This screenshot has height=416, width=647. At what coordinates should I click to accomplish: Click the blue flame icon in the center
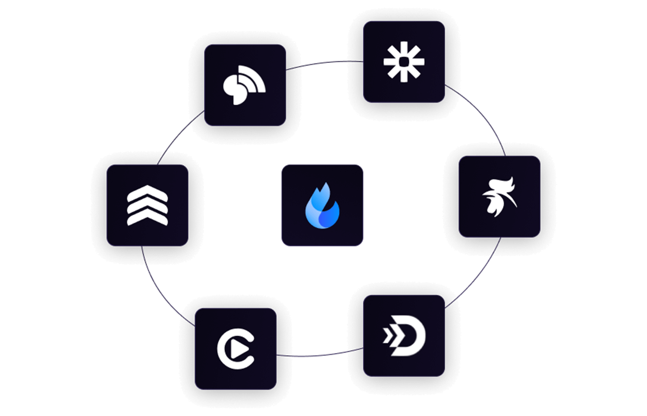[323, 206]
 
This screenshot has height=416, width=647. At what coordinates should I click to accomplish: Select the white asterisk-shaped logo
[404, 62]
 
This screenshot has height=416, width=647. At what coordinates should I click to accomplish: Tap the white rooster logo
[499, 196]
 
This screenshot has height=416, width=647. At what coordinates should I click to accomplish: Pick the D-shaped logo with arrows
[405, 336]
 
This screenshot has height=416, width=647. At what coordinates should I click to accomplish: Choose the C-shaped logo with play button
[236, 349]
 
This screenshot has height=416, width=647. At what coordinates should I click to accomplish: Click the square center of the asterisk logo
[404, 62]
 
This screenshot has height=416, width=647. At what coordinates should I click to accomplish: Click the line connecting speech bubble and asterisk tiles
[323, 63]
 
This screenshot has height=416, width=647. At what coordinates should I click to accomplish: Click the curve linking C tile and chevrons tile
[162, 293]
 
